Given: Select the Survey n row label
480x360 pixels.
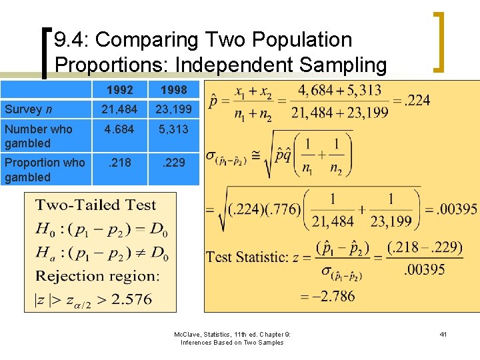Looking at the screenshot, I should point(28,109).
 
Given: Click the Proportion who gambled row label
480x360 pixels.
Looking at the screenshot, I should point(45,169).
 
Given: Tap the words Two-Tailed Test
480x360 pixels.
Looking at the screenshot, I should point(95,205).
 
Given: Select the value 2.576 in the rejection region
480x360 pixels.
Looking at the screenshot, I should point(132,299).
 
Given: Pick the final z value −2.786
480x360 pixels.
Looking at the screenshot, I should point(329,296).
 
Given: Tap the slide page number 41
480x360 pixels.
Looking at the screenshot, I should point(443,335).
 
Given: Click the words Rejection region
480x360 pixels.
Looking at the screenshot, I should point(97,276).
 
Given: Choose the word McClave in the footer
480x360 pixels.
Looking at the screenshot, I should point(188,335).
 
